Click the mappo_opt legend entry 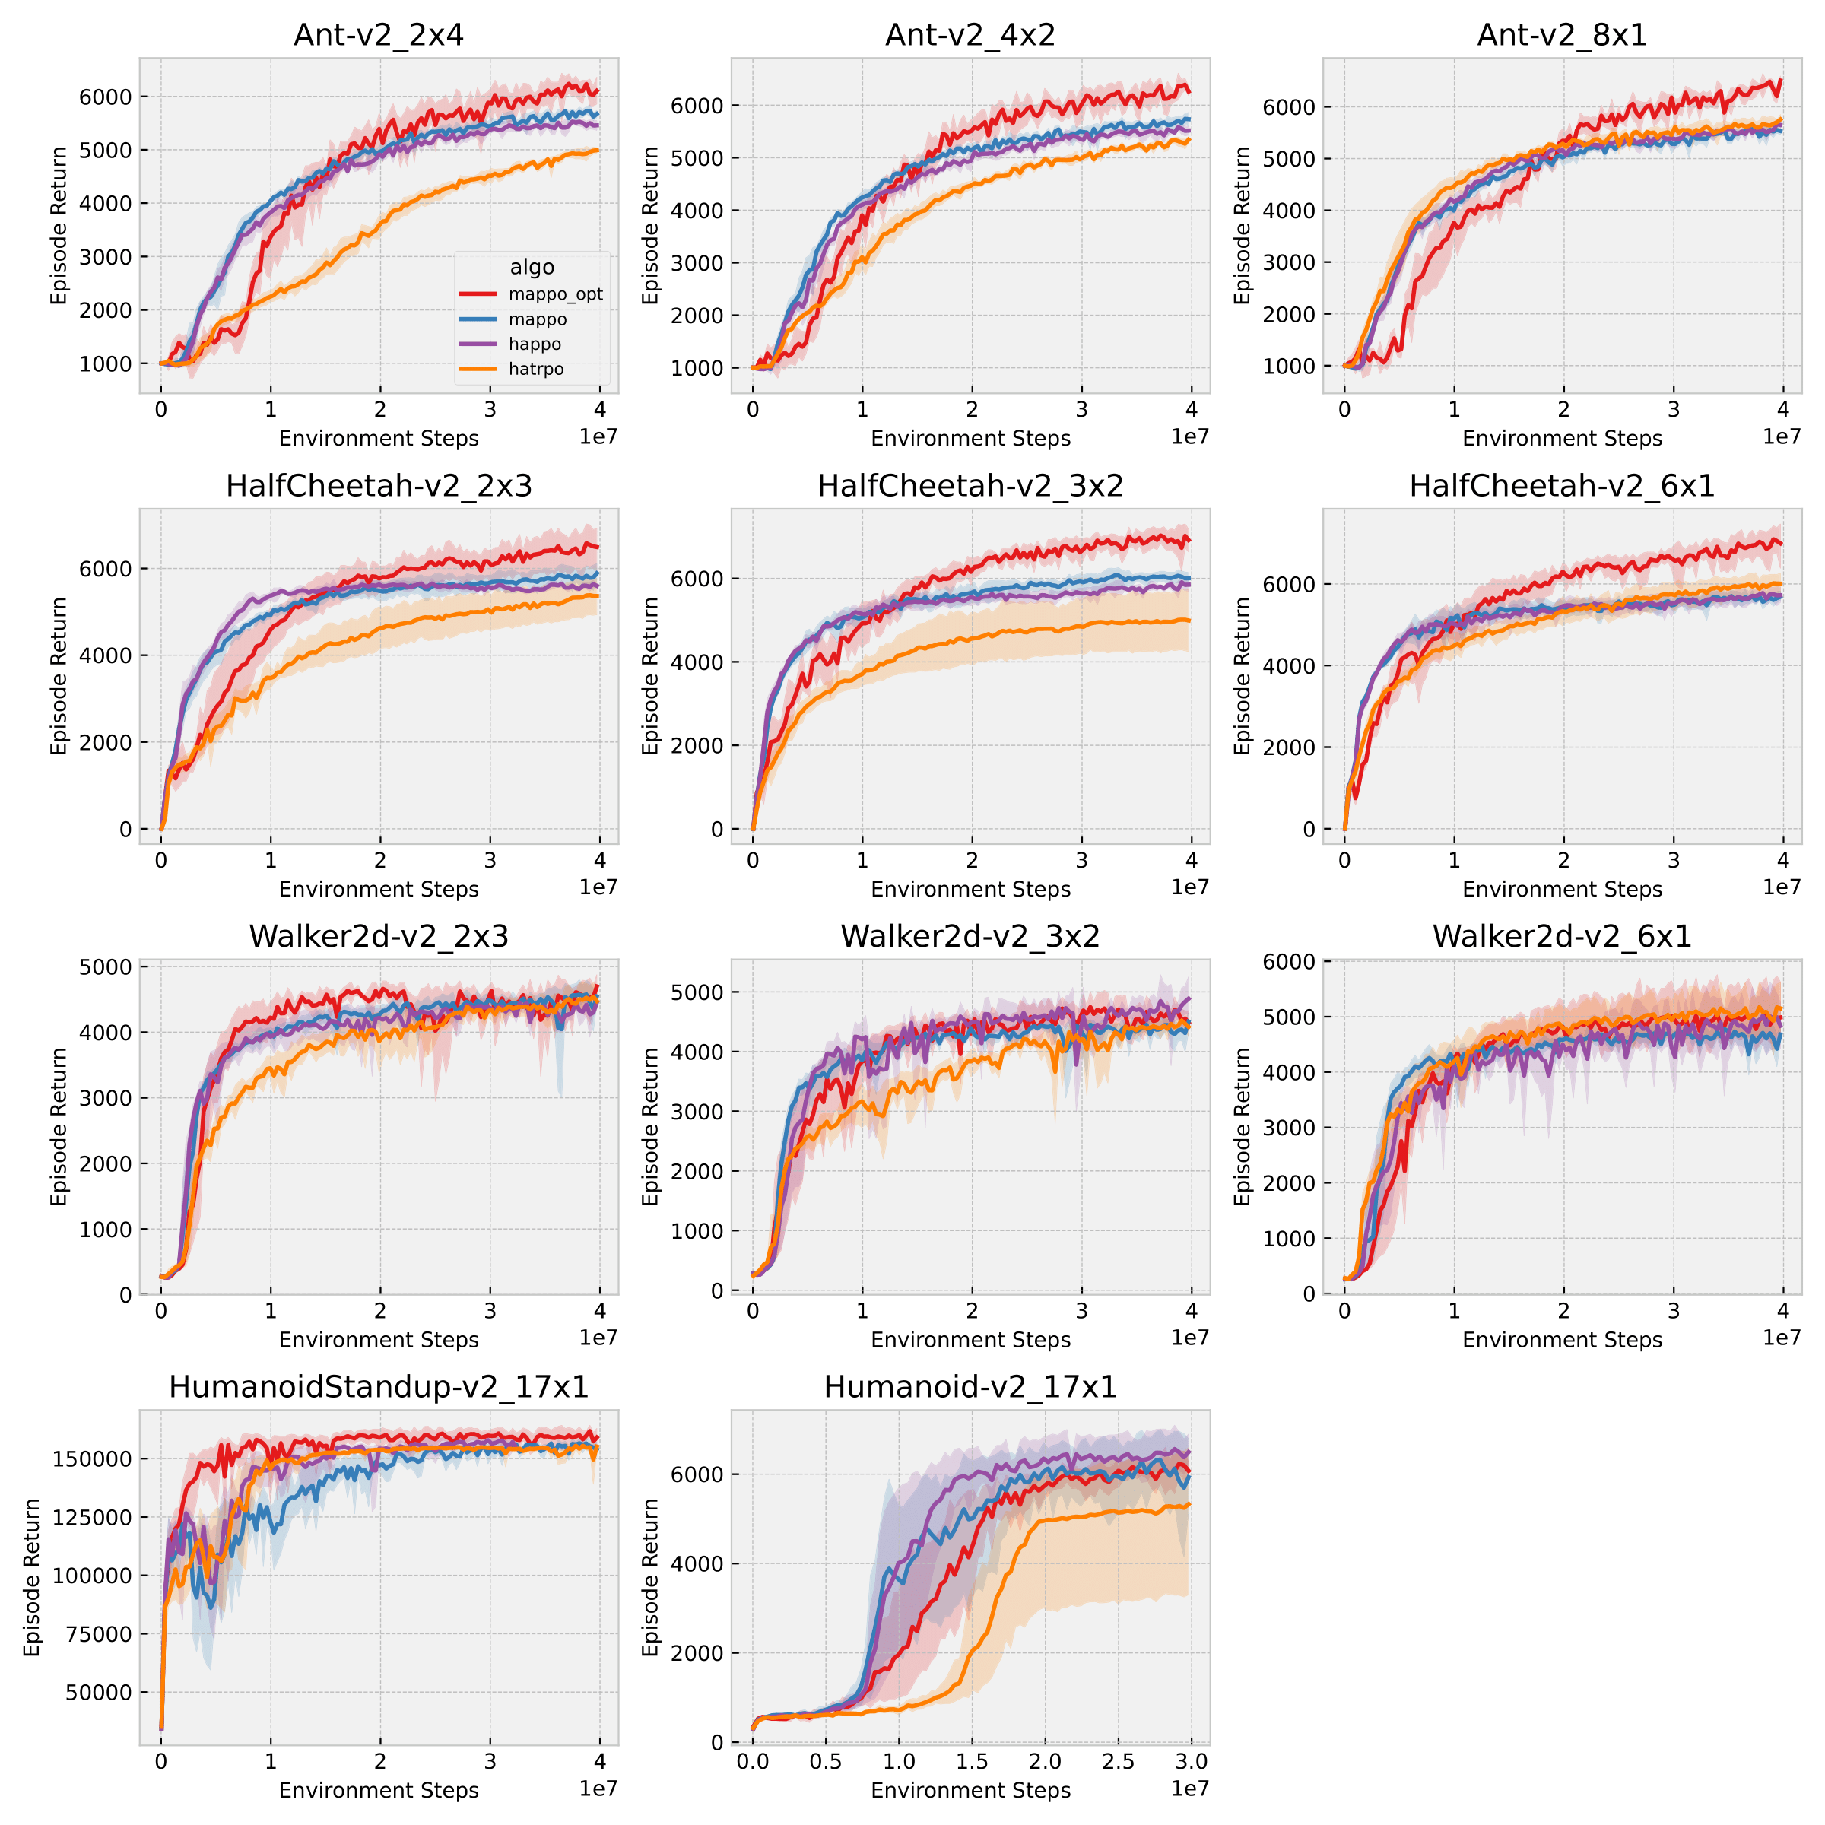(554, 295)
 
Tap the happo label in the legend (535, 344)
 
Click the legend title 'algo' (532, 268)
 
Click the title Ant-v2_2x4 (379, 35)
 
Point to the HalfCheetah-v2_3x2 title (970, 486)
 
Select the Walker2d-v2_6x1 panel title (1561, 936)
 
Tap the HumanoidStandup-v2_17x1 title (379, 1387)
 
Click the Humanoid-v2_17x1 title (970, 1387)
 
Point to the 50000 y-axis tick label (98, 1693)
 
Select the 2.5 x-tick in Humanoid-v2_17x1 (1119, 1762)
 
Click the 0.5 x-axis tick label (826, 1762)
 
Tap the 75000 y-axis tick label (98, 1634)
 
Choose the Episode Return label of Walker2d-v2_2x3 (59, 1126)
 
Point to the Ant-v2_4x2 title (970, 35)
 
